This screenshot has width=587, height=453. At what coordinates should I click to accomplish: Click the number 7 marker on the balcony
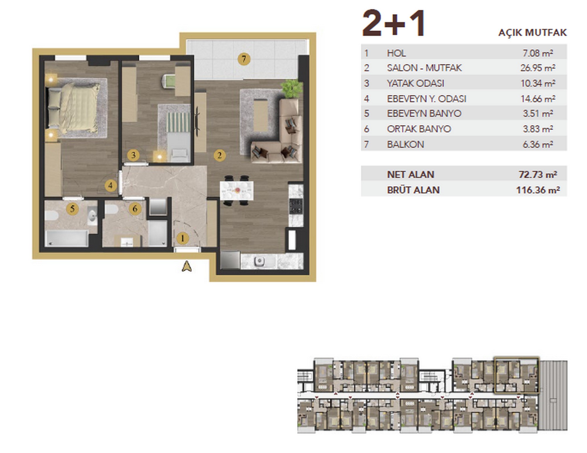tap(244, 59)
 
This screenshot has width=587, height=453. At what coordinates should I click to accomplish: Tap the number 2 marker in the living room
tap(220, 155)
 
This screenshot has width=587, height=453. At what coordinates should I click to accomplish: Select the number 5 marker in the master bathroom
tap(72, 209)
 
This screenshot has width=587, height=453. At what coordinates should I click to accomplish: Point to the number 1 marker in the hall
tap(182, 238)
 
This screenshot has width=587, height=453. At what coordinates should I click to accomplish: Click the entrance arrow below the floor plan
tap(187, 267)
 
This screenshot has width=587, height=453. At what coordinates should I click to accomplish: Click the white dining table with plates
tap(236, 190)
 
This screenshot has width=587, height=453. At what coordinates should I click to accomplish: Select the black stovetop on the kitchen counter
tap(296, 206)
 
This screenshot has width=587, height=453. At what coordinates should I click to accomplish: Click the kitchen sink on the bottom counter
tap(259, 261)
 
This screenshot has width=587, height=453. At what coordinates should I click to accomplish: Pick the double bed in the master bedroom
tap(74, 107)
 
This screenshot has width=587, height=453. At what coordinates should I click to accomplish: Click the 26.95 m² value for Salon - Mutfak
tap(538, 68)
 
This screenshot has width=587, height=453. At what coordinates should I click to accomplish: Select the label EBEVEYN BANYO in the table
tap(424, 113)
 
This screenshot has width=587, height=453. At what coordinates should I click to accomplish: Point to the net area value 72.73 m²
tap(538, 174)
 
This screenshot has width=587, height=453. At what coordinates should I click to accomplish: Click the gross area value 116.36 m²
tap(538, 190)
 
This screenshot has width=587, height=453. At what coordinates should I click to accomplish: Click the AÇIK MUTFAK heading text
tap(532, 33)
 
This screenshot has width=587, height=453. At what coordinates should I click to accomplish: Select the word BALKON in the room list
tap(405, 144)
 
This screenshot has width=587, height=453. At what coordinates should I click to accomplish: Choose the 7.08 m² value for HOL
tap(538, 53)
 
